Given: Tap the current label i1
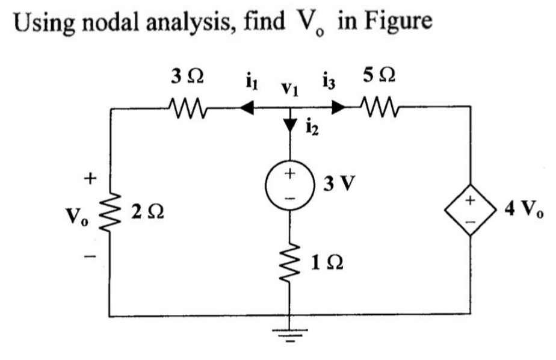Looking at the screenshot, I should (247, 81).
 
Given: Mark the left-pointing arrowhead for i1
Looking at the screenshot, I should (245, 108).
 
